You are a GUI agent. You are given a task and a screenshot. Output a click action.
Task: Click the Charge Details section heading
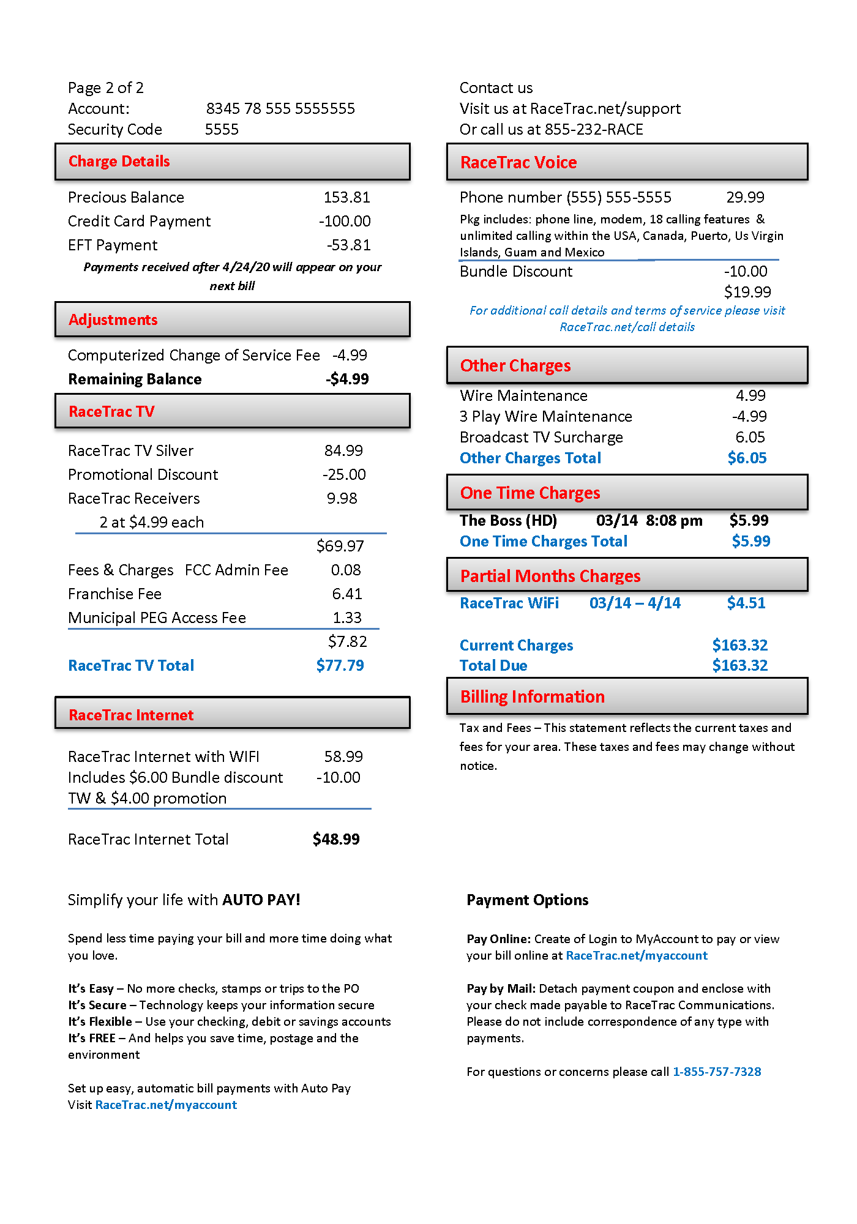click(119, 162)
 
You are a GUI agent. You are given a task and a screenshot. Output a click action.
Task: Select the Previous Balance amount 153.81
click(346, 198)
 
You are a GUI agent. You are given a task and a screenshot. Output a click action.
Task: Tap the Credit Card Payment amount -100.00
click(345, 222)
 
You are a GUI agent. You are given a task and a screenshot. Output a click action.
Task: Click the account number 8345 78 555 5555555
click(280, 109)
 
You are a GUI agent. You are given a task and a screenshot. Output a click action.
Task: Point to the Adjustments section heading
click(113, 320)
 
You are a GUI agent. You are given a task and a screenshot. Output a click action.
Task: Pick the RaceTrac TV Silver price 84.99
click(343, 451)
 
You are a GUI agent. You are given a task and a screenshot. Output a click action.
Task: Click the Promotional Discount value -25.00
click(344, 475)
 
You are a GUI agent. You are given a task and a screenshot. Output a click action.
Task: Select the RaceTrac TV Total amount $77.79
click(340, 666)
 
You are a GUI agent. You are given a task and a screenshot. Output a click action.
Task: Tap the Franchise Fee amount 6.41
click(347, 594)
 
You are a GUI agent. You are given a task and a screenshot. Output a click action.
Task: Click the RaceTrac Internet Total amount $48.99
click(336, 840)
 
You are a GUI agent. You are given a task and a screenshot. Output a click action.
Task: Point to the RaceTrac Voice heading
click(518, 163)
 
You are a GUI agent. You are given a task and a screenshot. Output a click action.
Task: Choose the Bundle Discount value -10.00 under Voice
click(746, 272)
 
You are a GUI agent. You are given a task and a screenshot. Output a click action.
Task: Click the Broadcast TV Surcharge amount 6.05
click(750, 438)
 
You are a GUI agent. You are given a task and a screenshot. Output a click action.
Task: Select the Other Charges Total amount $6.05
click(747, 458)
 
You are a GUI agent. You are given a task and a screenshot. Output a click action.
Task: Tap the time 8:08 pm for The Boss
click(674, 521)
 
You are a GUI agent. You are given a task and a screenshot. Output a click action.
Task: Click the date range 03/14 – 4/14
click(635, 603)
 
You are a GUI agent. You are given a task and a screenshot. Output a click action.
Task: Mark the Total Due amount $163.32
click(739, 666)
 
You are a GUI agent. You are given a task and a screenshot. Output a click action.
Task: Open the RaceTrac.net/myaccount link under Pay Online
click(637, 956)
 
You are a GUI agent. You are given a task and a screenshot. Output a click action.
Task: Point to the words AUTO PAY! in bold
click(261, 900)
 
